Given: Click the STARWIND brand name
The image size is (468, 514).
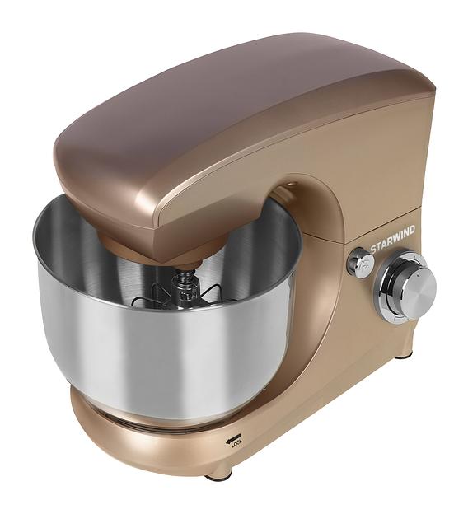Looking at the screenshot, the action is coord(392,239).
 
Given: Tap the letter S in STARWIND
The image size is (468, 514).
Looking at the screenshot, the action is coord(373,249).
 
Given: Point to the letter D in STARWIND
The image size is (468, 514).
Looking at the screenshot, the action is coord(412,230).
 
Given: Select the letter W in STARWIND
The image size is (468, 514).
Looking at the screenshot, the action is coord(397,237).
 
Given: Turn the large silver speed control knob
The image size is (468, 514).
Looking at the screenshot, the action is coord(418,284).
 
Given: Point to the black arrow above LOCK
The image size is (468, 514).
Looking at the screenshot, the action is coord(233,438).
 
